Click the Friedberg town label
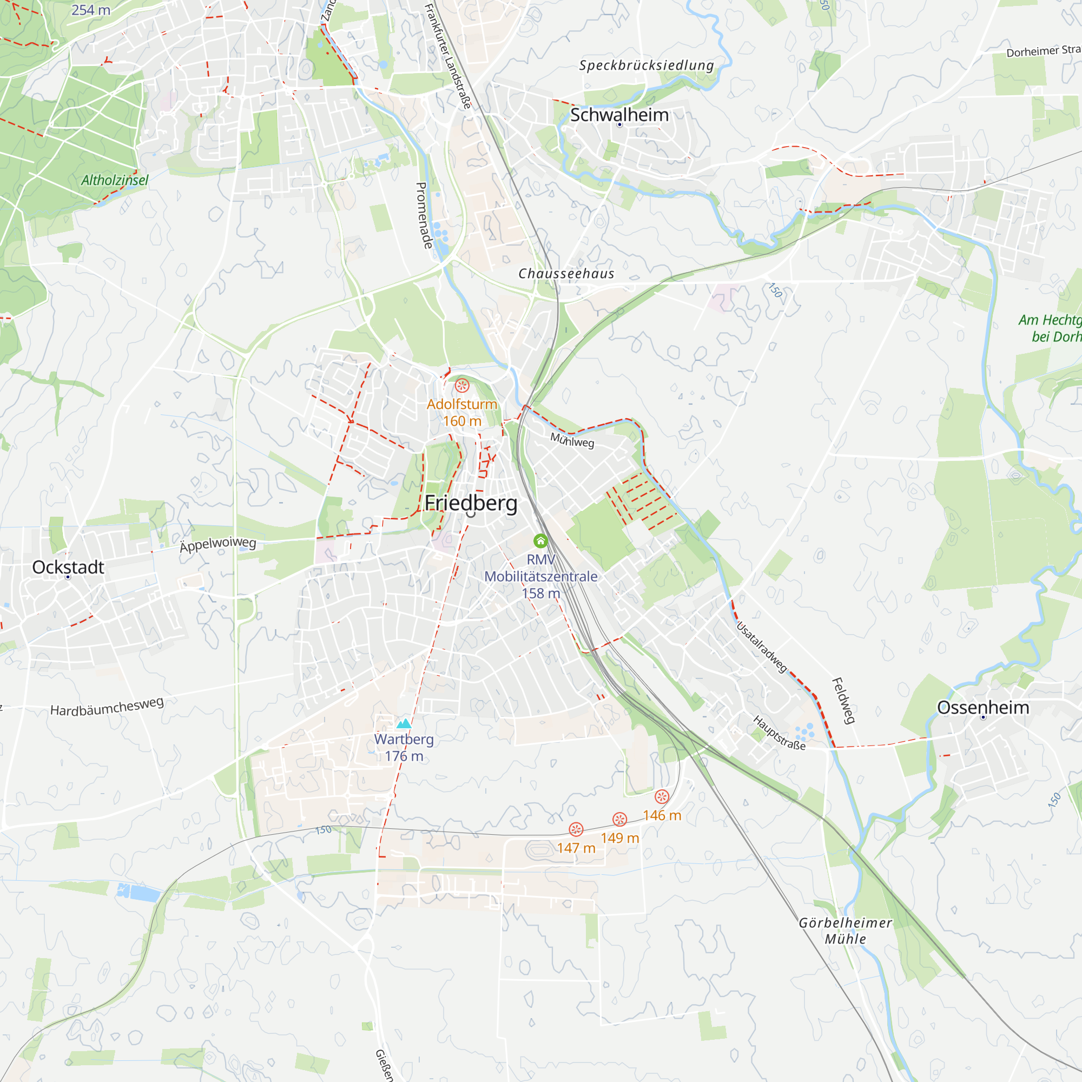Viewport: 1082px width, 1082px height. click(471, 503)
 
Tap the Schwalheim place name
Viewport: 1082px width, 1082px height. click(619, 115)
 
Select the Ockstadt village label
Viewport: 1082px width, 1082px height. click(68, 567)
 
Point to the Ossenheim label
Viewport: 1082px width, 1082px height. click(983, 707)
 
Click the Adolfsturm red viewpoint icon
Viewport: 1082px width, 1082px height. click(462, 385)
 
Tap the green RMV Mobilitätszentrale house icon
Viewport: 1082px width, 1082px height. click(540, 540)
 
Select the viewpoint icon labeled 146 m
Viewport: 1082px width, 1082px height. click(662, 797)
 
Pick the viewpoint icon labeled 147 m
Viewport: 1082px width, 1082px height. click(576, 829)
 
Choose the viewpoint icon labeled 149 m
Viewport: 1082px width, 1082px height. click(619, 819)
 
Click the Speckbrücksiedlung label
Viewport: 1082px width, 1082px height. click(647, 65)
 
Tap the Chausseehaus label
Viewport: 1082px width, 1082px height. click(566, 274)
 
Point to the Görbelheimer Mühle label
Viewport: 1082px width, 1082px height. click(845, 931)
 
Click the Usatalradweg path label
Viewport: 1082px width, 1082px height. click(762, 647)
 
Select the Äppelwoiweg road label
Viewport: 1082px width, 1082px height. click(218, 544)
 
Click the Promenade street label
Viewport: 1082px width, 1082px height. click(424, 216)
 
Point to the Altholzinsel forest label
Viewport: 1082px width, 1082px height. click(115, 180)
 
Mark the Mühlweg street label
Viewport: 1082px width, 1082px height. click(572, 440)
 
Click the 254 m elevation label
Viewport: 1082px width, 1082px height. click(91, 10)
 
